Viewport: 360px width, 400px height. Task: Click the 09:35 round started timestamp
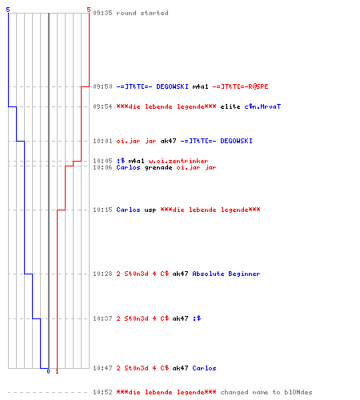pyautogui.click(x=102, y=13)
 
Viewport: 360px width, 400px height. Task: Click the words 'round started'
pyautogui.click(x=142, y=13)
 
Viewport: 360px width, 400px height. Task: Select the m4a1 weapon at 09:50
pyautogui.click(x=200, y=86)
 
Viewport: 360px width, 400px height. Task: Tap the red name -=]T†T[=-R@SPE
pyautogui.click(x=240, y=86)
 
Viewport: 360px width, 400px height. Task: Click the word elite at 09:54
pyautogui.click(x=230, y=106)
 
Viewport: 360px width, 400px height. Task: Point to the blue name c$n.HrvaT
pyautogui.click(x=262, y=106)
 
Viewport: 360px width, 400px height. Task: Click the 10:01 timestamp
pyautogui.click(x=102, y=141)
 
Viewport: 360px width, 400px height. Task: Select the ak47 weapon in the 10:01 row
pyautogui.click(x=168, y=141)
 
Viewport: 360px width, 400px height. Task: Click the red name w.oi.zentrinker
pyautogui.click(x=178, y=161)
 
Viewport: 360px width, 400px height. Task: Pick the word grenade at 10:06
pyautogui.click(x=158, y=167)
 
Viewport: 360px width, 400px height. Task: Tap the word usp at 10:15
pyautogui.click(x=150, y=210)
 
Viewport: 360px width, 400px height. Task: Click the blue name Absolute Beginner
pyautogui.click(x=226, y=274)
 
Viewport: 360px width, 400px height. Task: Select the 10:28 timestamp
pyautogui.click(x=102, y=274)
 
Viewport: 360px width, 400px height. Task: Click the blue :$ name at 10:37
pyautogui.click(x=197, y=318)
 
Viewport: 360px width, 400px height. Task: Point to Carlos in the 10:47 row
pyautogui.click(x=204, y=368)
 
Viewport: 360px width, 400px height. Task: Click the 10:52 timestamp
pyautogui.click(x=102, y=392)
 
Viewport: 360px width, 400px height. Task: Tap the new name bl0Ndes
pyautogui.click(x=298, y=392)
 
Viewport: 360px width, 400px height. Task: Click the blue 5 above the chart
pyautogui.click(x=8, y=10)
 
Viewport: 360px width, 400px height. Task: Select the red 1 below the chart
pyautogui.click(x=57, y=371)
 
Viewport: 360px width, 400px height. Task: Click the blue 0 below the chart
pyautogui.click(x=48, y=371)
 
